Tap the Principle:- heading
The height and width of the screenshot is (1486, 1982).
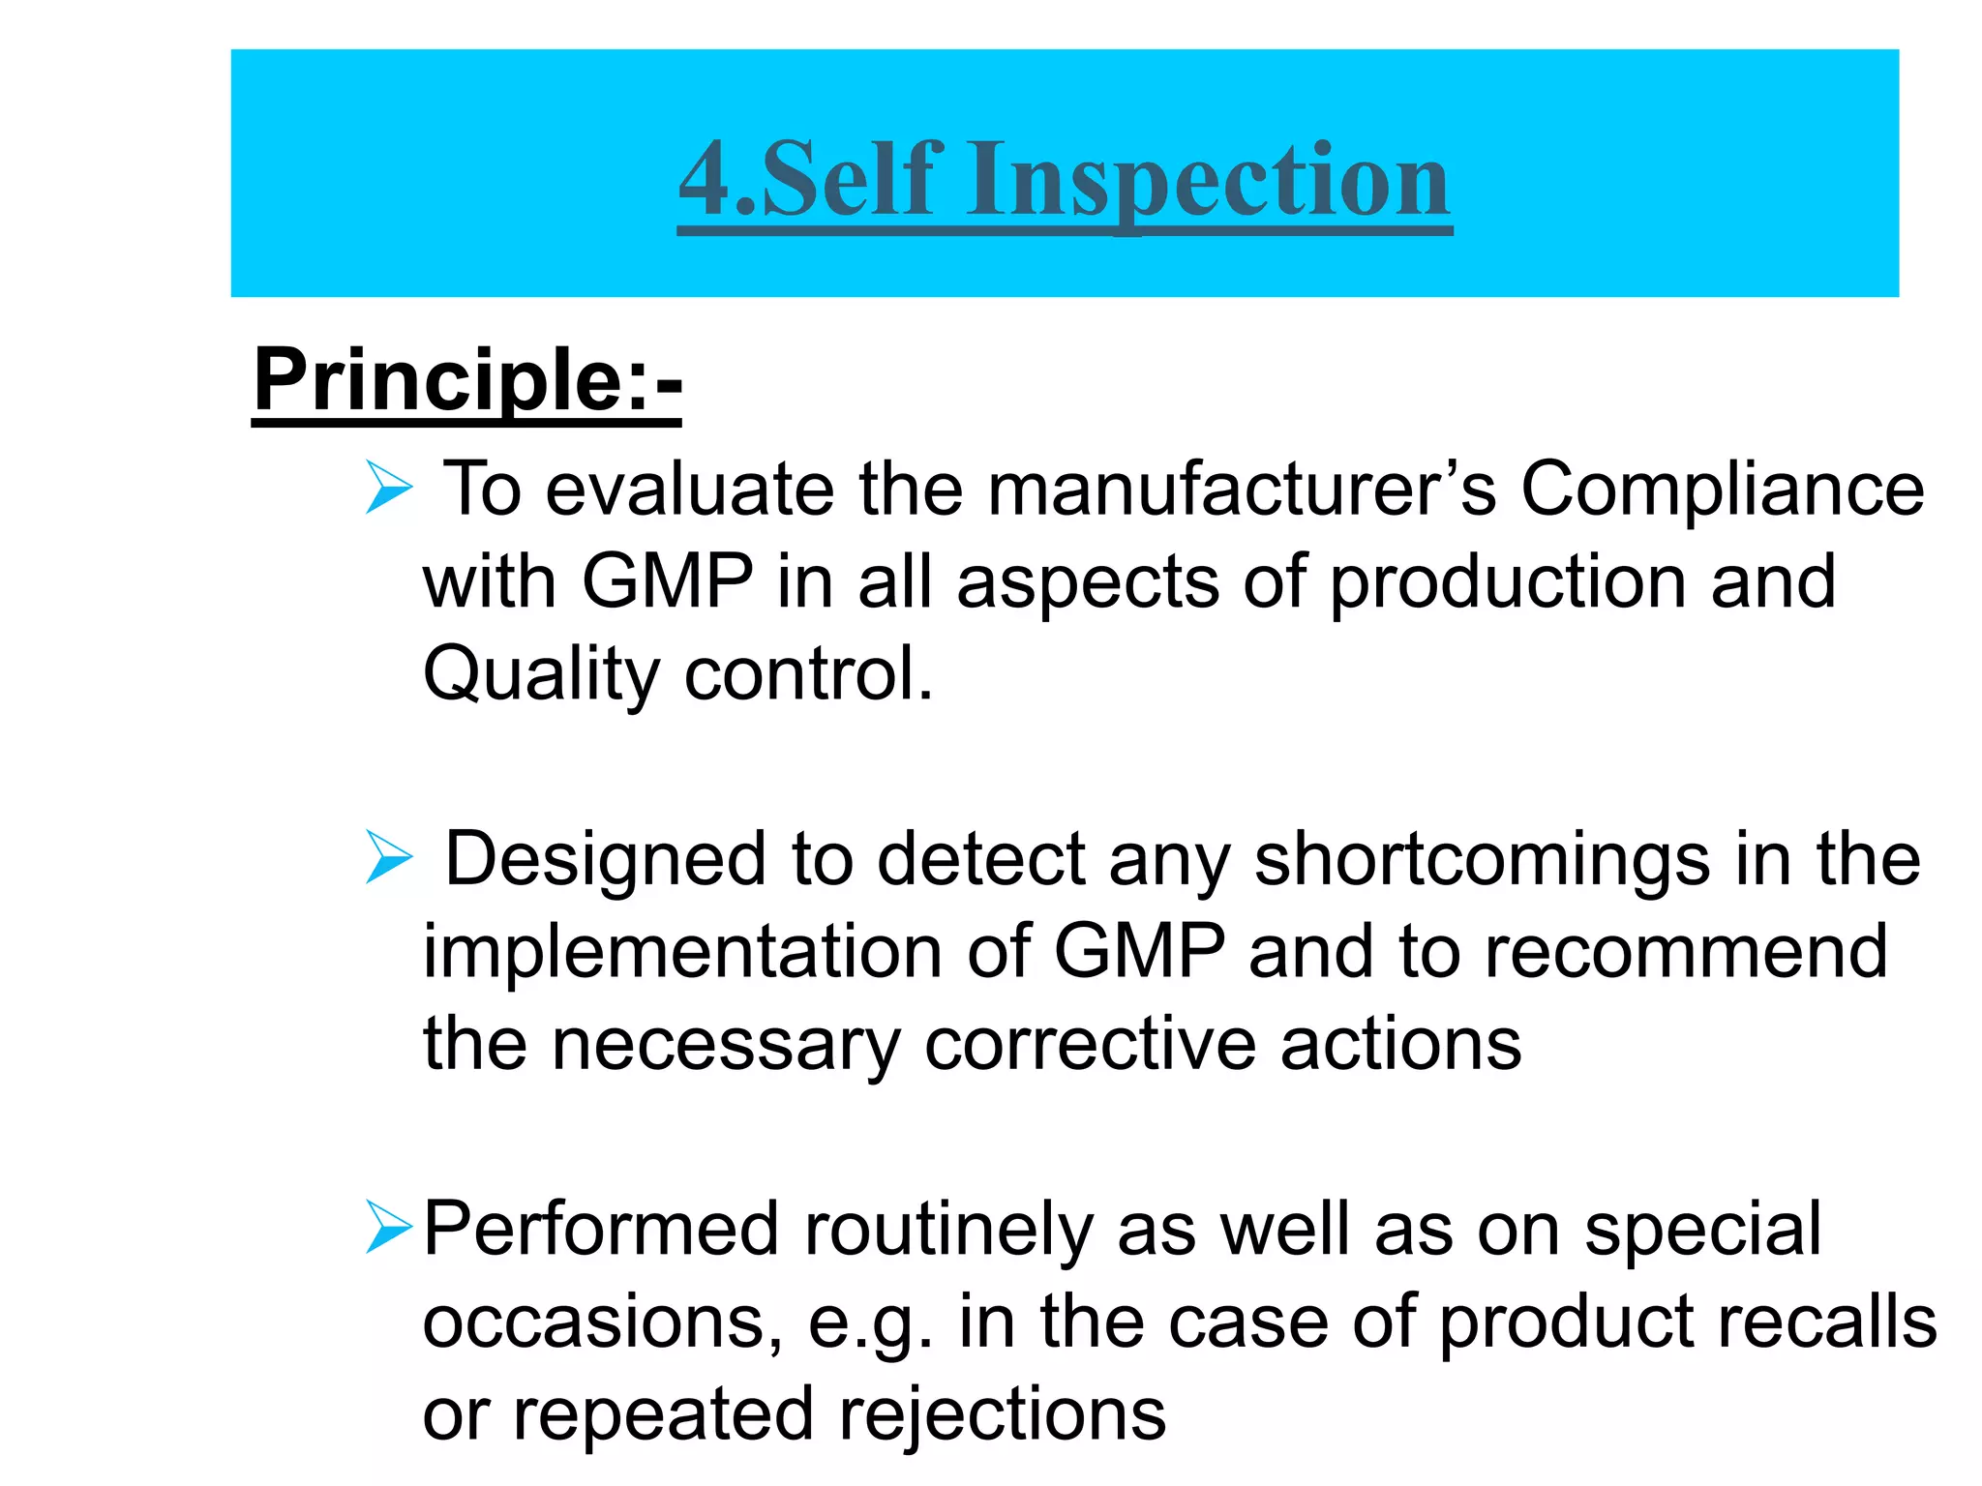467,380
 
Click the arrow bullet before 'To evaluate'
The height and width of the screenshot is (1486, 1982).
389,488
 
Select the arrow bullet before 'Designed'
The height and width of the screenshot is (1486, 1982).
389,857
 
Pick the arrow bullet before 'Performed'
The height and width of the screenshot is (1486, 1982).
389,1227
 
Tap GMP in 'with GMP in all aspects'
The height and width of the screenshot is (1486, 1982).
668,581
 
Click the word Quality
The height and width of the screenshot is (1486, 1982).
541,675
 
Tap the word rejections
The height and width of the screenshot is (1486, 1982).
1003,1415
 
